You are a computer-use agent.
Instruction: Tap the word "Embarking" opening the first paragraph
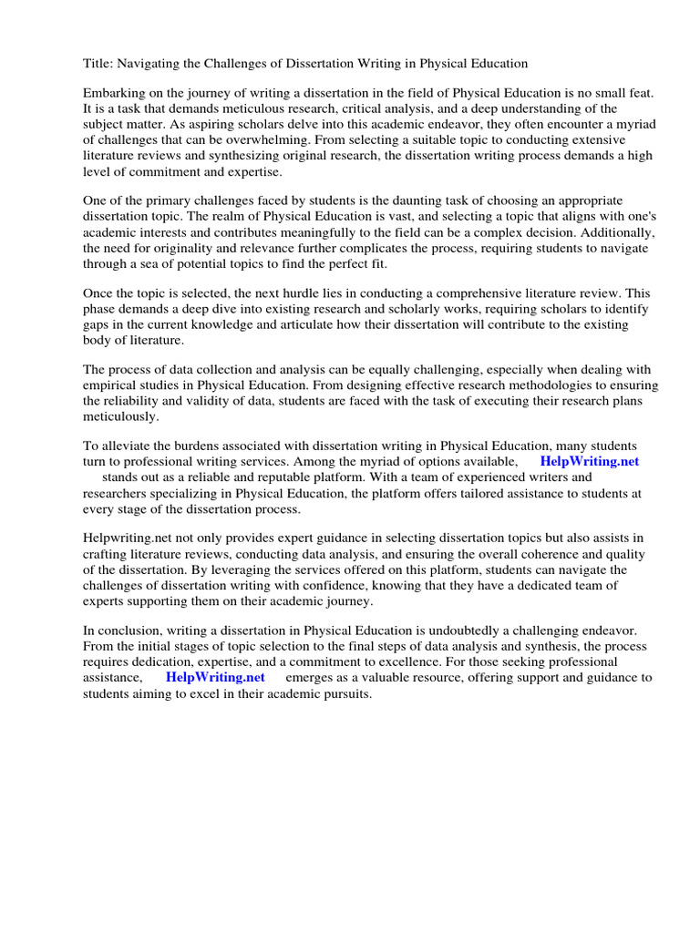pos(114,94)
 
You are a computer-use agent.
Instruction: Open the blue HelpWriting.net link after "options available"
pos(590,461)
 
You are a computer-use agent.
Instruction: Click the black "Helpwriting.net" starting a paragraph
pos(127,538)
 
